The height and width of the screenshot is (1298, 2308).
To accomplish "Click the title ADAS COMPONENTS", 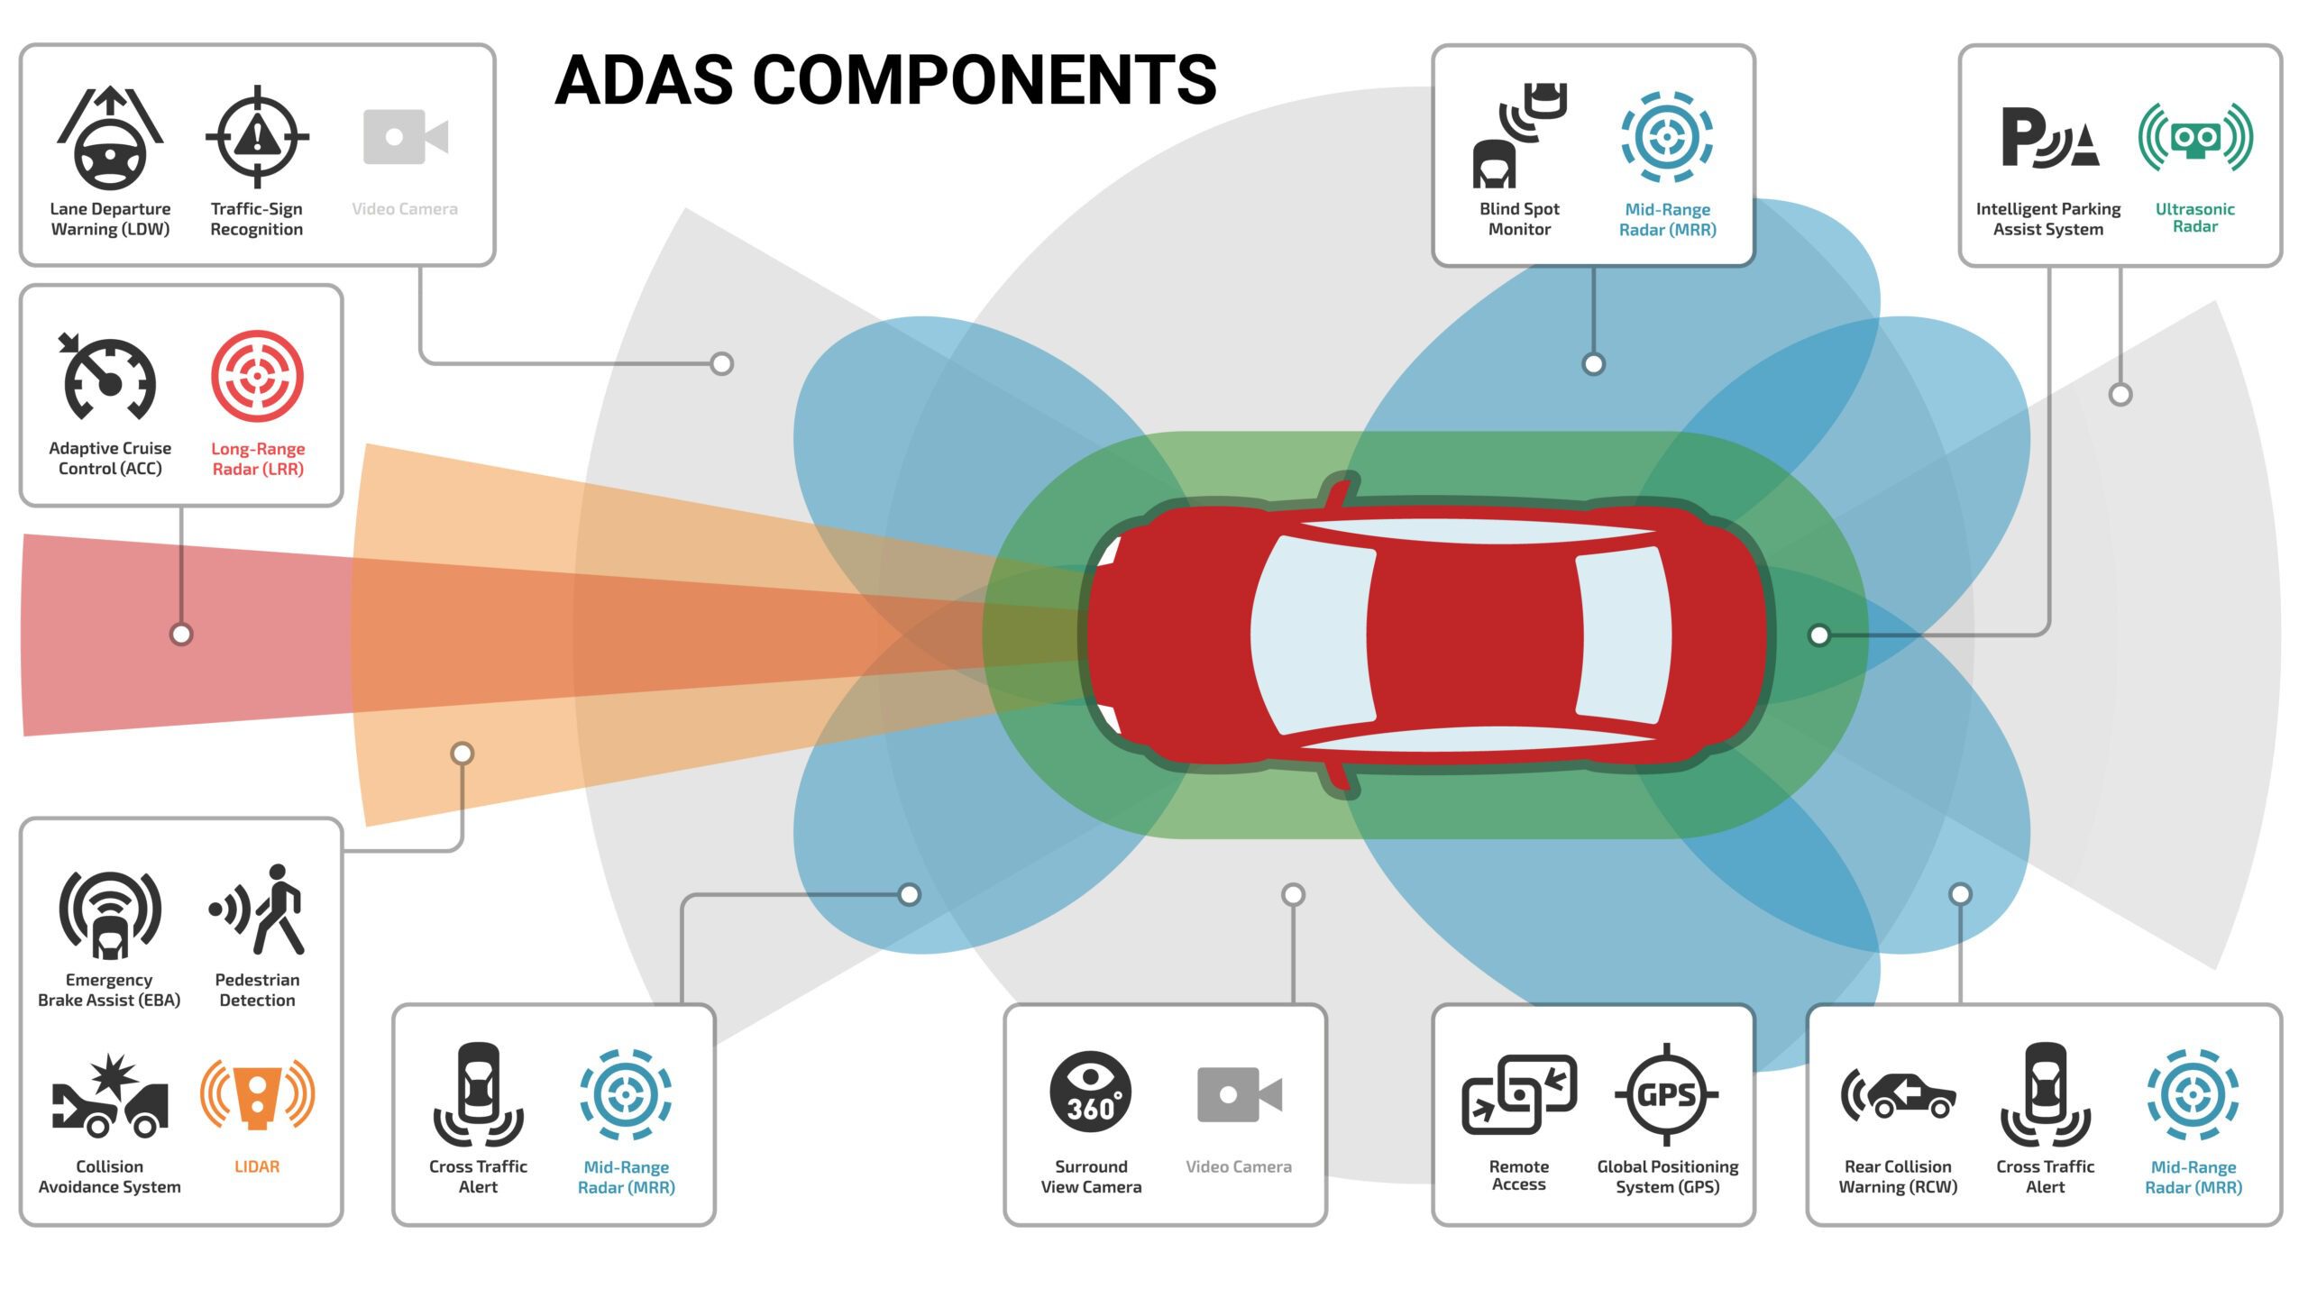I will (885, 79).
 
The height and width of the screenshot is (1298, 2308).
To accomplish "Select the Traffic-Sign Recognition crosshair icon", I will (257, 137).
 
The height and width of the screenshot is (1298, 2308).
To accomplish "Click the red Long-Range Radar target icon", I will (257, 376).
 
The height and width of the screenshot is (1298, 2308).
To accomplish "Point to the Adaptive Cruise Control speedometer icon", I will (109, 378).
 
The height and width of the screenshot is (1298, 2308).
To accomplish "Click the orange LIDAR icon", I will (257, 1094).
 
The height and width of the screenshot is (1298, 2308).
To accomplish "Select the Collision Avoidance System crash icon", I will (110, 1096).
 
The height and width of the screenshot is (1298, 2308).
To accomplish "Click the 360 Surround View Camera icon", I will (1091, 1092).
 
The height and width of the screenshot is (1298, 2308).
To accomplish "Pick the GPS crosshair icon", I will (1667, 1094).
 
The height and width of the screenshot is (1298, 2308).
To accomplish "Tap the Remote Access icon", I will (1519, 1094).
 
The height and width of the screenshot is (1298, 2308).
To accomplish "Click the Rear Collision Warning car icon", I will (1898, 1095).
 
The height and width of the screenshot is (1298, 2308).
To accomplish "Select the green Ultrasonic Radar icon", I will (2195, 137).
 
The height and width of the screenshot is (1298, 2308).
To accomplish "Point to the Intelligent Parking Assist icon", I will (2049, 138).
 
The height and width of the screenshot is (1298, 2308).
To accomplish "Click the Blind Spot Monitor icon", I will (1520, 135).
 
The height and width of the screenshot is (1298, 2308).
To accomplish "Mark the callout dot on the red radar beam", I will (181, 635).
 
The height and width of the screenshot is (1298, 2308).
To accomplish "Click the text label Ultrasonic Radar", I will (2194, 218).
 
